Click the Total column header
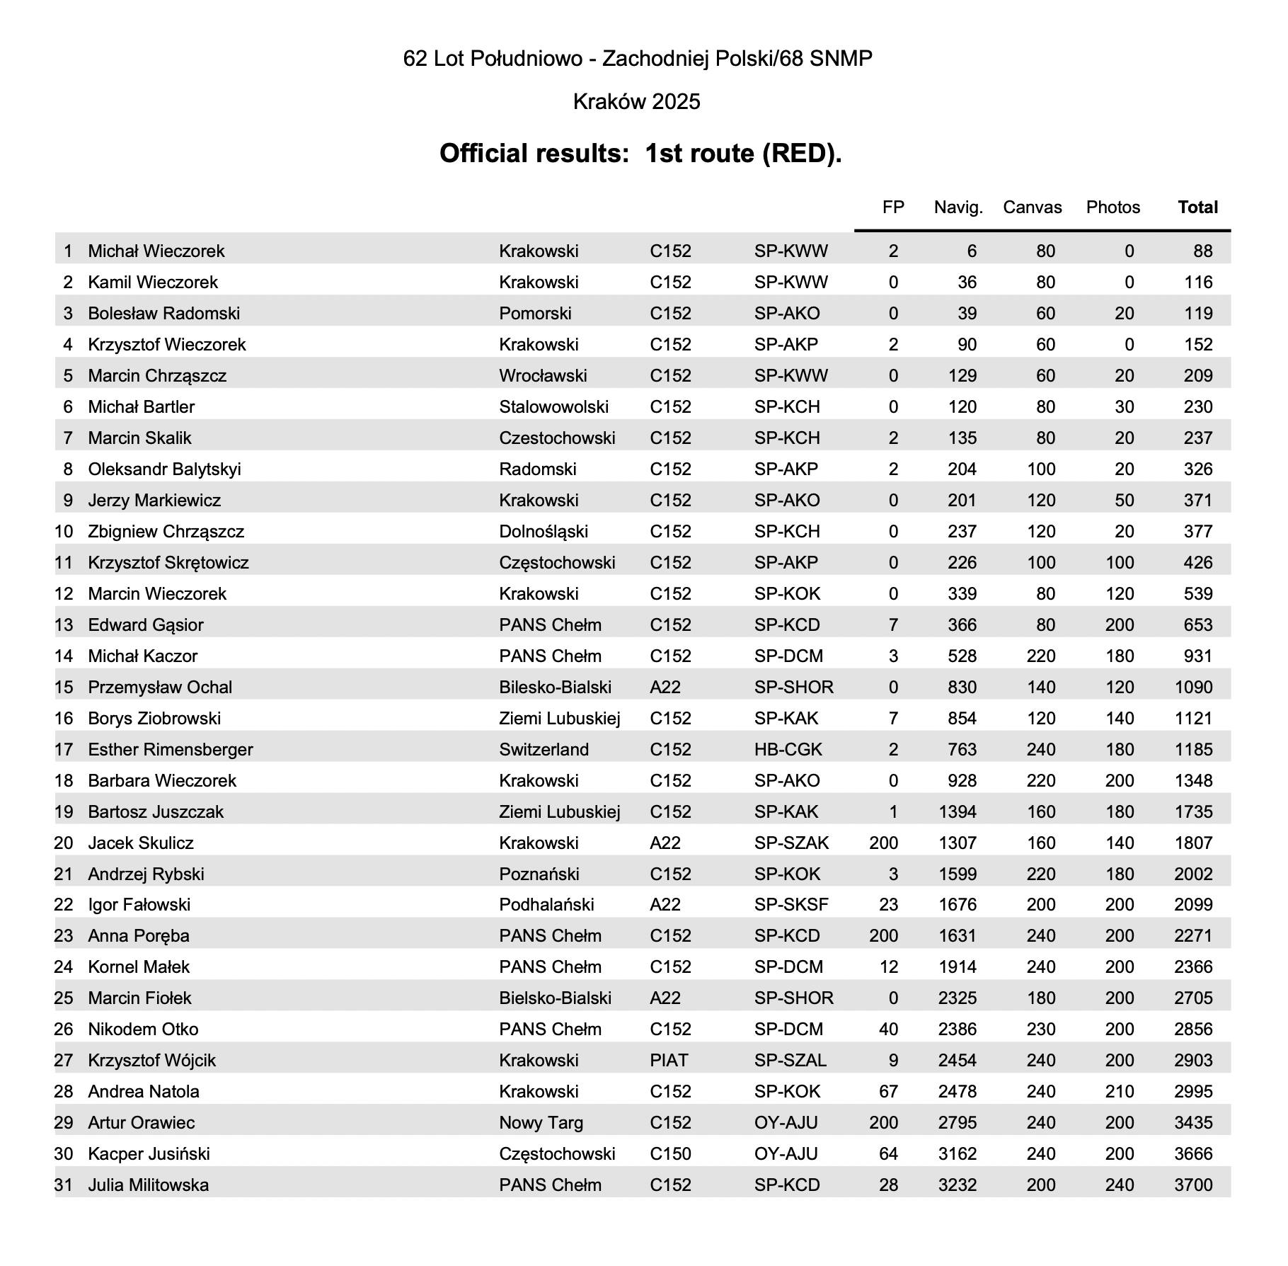1197,207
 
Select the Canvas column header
1032,207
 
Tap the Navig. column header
958,207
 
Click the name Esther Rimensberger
170,749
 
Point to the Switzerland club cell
544,749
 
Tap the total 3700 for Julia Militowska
1193,1185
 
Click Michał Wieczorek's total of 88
1202,251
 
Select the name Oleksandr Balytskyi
164,469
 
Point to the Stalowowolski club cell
553,406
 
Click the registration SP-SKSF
791,904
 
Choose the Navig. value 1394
958,811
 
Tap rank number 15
64,687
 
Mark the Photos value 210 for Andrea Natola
1120,1091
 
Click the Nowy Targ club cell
541,1122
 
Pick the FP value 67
888,1091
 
